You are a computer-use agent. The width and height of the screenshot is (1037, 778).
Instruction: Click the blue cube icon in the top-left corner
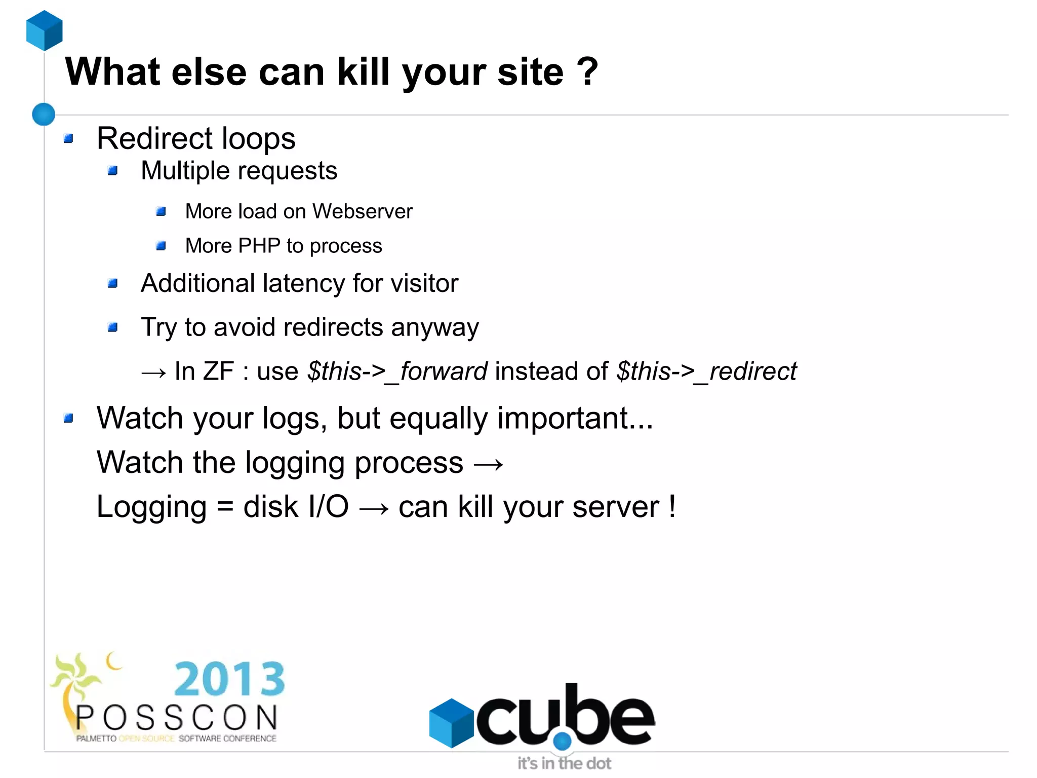tap(45, 30)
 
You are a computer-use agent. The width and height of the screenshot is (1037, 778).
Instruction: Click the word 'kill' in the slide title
tap(363, 71)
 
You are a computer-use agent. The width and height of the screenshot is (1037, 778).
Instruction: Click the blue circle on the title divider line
tap(44, 114)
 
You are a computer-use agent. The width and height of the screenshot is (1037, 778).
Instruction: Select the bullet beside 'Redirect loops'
tap(69, 138)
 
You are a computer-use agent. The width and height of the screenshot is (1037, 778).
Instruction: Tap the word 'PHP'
tap(259, 246)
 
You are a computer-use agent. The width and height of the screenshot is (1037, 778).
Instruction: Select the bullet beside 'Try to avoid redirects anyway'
tap(113, 327)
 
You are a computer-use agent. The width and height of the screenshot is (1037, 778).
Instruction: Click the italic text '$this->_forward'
tap(397, 372)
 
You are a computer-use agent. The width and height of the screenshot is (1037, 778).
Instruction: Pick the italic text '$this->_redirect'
tap(706, 372)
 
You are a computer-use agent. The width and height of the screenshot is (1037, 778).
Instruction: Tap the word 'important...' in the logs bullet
tap(575, 418)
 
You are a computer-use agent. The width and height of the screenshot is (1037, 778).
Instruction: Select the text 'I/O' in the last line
tap(328, 507)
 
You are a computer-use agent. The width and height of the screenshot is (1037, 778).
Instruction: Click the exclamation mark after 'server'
tap(672, 506)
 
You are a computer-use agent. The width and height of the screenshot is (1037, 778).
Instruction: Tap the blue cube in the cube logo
tap(451, 723)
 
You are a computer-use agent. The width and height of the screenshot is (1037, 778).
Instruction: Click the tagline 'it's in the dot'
tap(564, 763)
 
